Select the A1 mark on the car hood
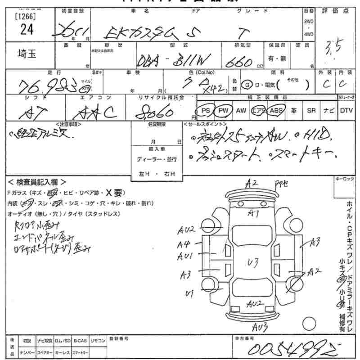(254, 213)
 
